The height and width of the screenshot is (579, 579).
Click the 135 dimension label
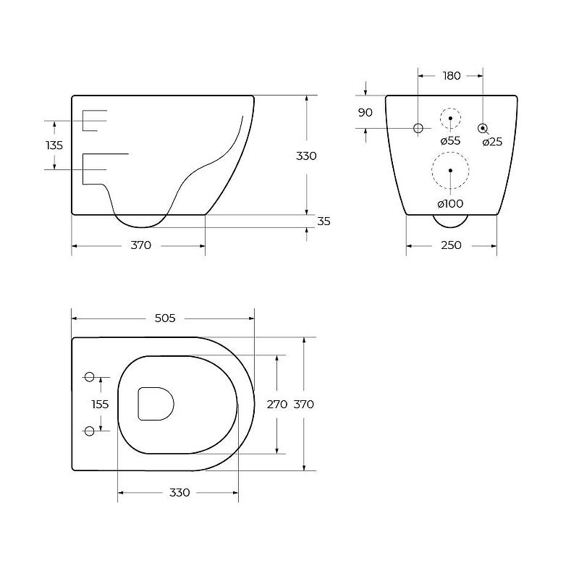click(54, 145)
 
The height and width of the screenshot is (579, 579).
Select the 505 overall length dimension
click(165, 318)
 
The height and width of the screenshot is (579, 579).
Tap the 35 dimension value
click(324, 221)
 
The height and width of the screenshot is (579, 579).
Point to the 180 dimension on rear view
click(452, 76)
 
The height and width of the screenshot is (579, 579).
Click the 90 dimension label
click(365, 113)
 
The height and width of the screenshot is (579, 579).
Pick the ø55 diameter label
click(450, 140)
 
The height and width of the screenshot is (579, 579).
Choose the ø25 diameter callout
click(493, 142)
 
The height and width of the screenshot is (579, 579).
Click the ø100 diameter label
click(450, 203)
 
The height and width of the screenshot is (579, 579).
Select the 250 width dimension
click(451, 245)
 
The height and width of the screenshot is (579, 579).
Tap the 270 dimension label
click(277, 405)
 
